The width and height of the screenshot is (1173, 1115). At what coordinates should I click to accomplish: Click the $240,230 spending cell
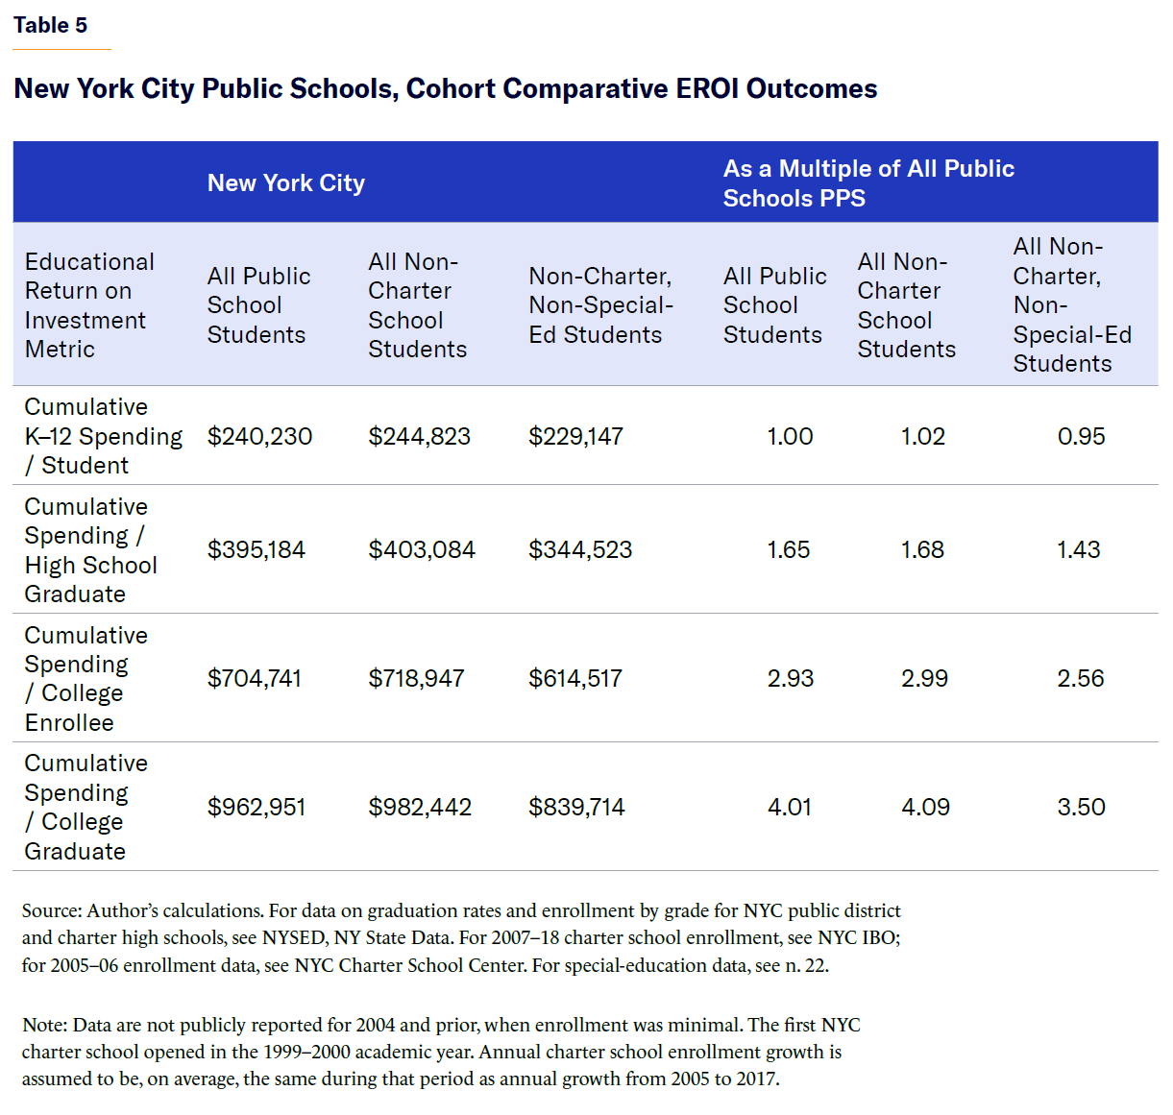coord(259,436)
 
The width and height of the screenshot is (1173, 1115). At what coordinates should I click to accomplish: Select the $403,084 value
coord(422,549)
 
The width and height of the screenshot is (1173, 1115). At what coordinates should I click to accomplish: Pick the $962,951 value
coord(257,807)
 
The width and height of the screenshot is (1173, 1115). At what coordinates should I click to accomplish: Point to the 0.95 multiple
coord(1081,436)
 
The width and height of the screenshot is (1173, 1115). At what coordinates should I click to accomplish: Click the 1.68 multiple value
coord(922,549)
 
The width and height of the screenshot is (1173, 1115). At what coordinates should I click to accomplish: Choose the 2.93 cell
coord(790,678)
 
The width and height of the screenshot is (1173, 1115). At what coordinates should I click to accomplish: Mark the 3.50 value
coord(1081,807)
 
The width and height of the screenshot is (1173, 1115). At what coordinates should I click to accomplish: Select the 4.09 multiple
coord(925,807)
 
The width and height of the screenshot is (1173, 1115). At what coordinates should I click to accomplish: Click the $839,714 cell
coord(576,807)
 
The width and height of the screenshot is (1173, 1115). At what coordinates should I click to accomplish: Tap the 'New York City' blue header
coord(286,182)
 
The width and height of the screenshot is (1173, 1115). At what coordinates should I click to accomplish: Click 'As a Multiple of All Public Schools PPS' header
coord(868,182)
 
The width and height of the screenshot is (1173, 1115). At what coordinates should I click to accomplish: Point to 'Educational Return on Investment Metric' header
coord(89,305)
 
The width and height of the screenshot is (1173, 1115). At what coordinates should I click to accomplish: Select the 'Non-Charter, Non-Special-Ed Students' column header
coord(600,305)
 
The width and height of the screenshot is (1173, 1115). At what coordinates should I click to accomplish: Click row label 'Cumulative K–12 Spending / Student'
coord(103,436)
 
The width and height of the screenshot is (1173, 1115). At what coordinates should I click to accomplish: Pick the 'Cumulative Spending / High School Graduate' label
coord(90,549)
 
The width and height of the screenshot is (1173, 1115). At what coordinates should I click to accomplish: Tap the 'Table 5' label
coord(50,25)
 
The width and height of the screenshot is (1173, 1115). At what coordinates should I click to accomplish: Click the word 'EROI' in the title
coord(707,88)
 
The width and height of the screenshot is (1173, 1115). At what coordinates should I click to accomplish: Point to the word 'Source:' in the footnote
coord(51,910)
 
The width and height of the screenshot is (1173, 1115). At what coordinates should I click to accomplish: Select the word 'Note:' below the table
coord(44,1025)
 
